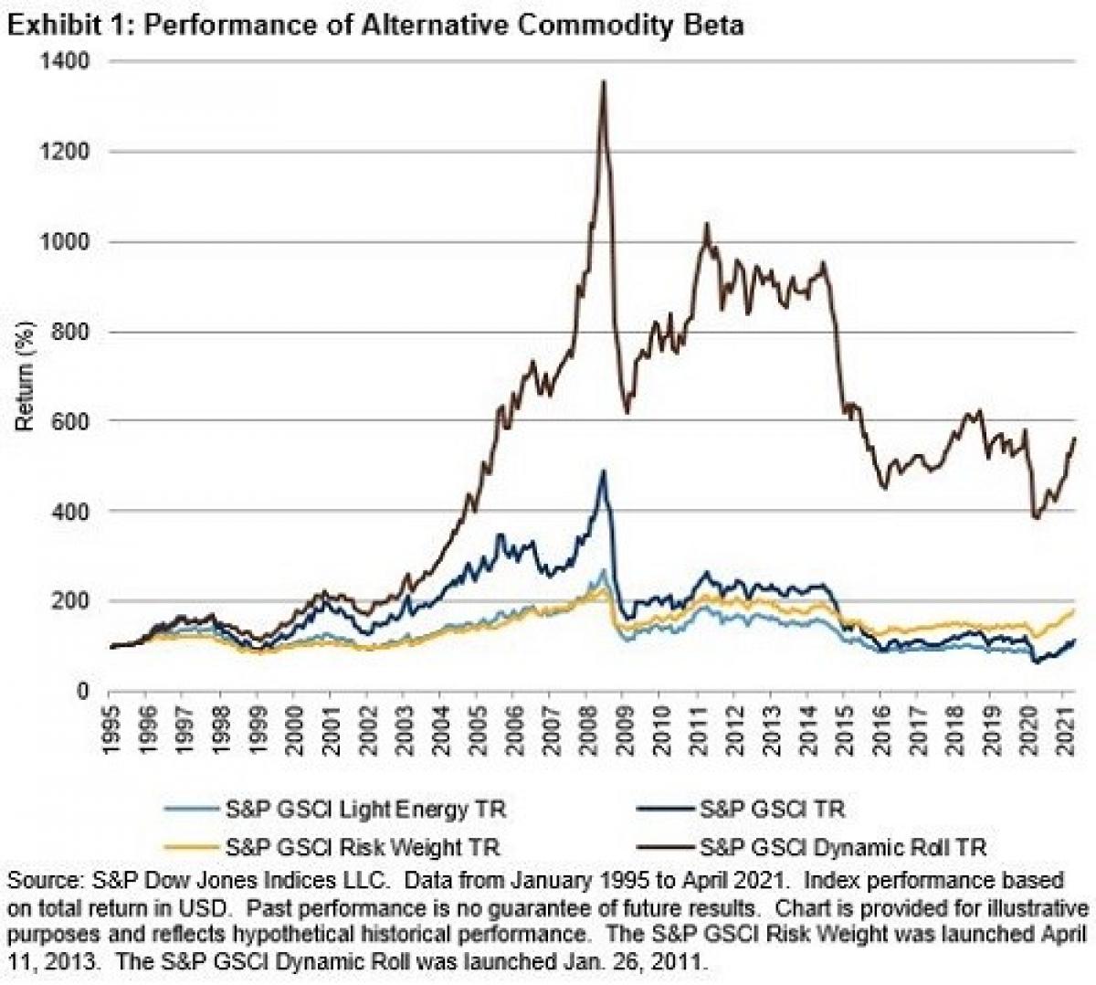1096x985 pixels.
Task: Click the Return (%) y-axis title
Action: point(26,376)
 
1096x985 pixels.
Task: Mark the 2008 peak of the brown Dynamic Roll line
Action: point(604,82)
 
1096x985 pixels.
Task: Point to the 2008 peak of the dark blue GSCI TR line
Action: point(603,471)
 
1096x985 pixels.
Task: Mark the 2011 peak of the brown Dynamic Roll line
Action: point(706,224)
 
